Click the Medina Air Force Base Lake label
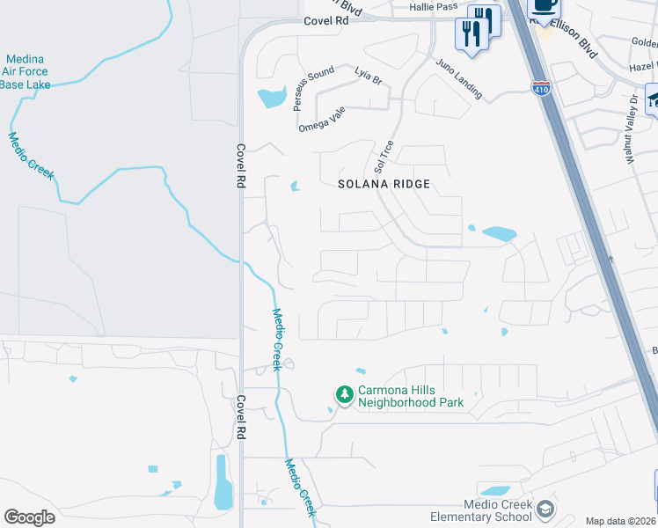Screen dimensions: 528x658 click(26, 71)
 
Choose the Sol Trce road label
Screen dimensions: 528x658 click(380, 155)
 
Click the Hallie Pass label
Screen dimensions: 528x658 click(433, 6)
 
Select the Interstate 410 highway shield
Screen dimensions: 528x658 click(542, 88)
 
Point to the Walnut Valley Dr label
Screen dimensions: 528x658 click(631, 115)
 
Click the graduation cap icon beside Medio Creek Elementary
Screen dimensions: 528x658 click(545, 510)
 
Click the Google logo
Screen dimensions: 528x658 click(29, 517)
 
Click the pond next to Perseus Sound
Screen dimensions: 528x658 click(272, 97)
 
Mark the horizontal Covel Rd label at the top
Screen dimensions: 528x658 click(321, 19)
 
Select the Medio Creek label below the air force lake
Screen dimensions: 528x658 click(31, 155)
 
